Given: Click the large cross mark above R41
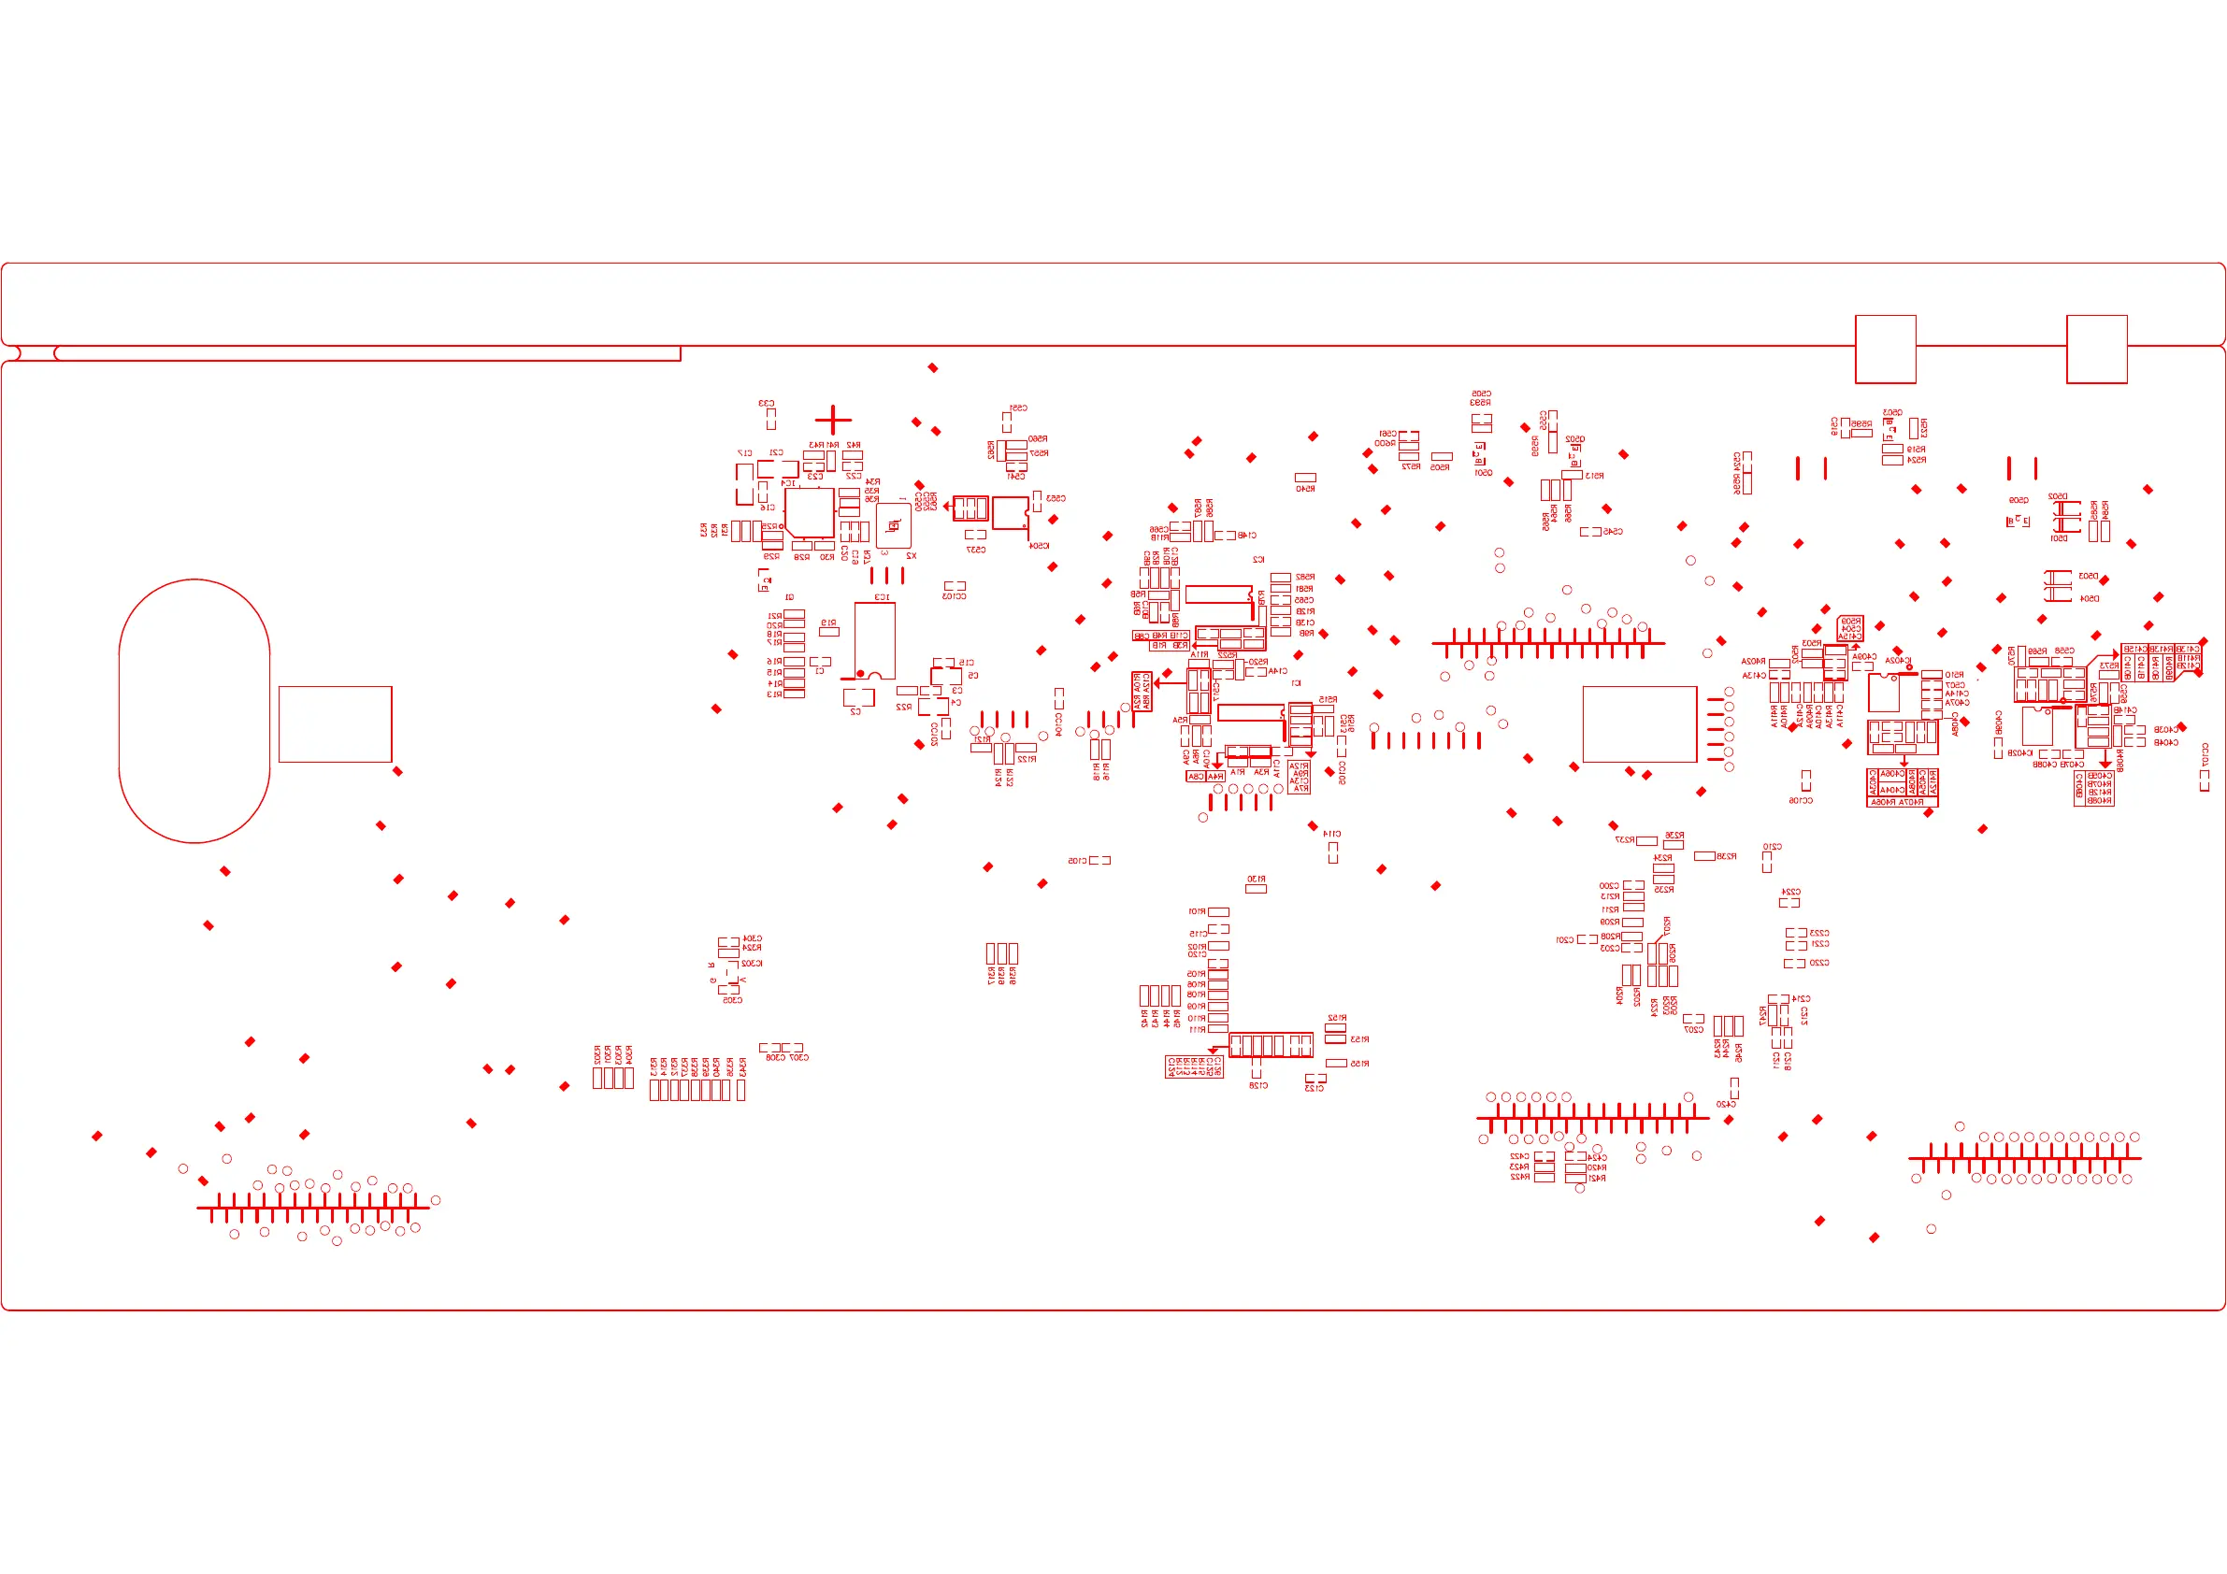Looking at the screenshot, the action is (x=833, y=420).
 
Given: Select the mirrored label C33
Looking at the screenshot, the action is (x=767, y=404).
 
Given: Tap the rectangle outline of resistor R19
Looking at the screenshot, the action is (x=829, y=631).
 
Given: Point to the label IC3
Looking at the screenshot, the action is (x=882, y=597).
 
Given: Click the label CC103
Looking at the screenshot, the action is (x=955, y=596).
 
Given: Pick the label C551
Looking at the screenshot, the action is (x=1017, y=408).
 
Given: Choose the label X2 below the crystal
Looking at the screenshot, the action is (x=911, y=556).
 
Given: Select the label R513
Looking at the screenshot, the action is (x=1595, y=476).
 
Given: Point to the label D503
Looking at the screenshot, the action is (x=2089, y=576).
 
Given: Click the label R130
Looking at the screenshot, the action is (x=1257, y=879).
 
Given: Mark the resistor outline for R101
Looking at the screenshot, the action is (x=1218, y=912).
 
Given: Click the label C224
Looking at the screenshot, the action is (x=1790, y=892).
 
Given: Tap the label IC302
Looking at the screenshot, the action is (x=752, y=963).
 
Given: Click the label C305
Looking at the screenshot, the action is (x=732, y=1000).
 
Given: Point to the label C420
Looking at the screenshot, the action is (x=1726, y=1104).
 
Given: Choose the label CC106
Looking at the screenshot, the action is (x=1801, y=801).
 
